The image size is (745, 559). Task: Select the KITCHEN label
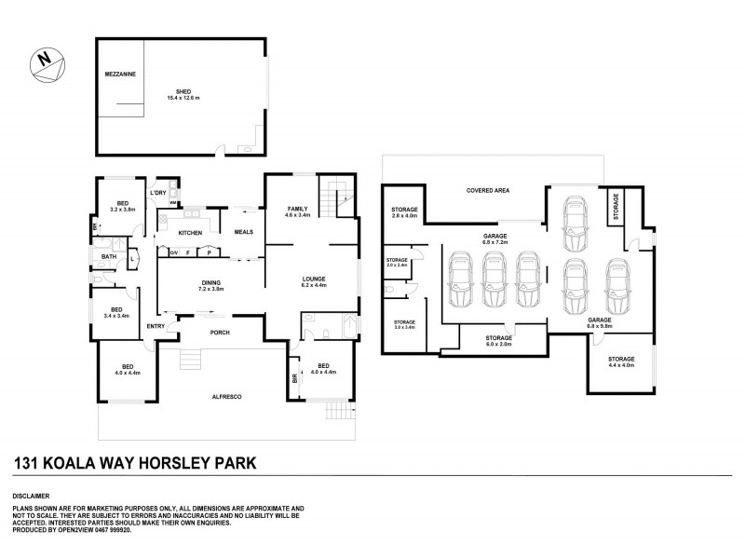[x=190, y=232]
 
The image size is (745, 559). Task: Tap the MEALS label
[x=243, y=232]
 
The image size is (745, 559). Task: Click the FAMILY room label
[x=297, y=209]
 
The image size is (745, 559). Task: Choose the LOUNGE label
[x=312, y=277]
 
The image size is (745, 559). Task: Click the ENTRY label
[x=156, y=325]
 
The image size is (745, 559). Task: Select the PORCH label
[x=220, y=333]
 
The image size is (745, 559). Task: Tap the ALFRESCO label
[x=227, y=397]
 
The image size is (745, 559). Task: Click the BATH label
[x=109, y=256]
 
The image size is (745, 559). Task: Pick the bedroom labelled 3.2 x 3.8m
[x=122, y=210]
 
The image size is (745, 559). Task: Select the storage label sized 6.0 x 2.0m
[x=498, y=343]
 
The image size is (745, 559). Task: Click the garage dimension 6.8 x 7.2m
[x=494, y=242]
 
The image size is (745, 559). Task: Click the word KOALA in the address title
[x=88, y=462]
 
